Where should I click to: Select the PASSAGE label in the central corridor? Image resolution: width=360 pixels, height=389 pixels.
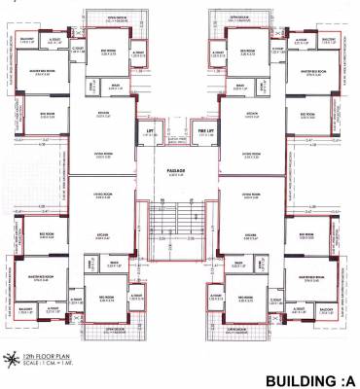click(176, 169)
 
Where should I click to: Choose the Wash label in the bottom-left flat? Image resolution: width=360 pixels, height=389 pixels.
click(115, 263)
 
